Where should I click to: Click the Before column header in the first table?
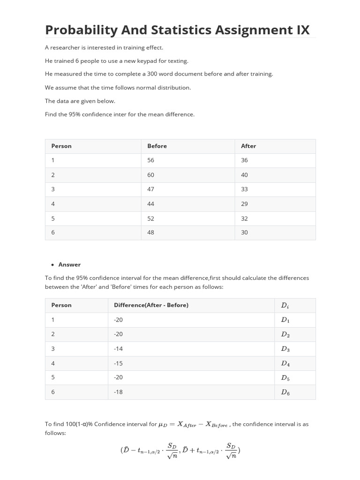pyautogui.click(x=157, y=146)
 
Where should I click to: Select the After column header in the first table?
pyautogui.click(x=248, y=146)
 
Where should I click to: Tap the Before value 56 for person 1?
pyautogui.click(x=150, y=160)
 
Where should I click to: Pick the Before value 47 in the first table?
pyautogui.click(x=150, y=189)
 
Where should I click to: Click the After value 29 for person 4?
pyautogui.click(x=244, y=204)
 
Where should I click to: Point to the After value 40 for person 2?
pyautogui.click(x=244, y=175)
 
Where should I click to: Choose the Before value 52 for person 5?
pyautogui.click(x=150, y=218)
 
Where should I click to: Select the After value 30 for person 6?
pyautogui.click(x=244, y=232)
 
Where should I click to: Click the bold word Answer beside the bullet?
pyautogui.click(x=69, y=264)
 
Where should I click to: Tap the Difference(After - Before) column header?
pyautogui.click(x=151, y=305)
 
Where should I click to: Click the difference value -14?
pyautogui.click(x=118, y=349)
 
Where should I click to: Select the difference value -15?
pyautogui.click(x=118, y=363)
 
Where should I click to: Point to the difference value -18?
pyautogui.click(x=118, y=392)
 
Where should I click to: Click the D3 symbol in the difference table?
pyautogui.click(x=285, y=349)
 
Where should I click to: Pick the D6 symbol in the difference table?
pyautogui.click(x=285, y=393)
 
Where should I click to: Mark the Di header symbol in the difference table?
pyautogui.click(x=285, y=306)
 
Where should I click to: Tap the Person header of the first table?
pyautogui.click(x=61, y=146)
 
